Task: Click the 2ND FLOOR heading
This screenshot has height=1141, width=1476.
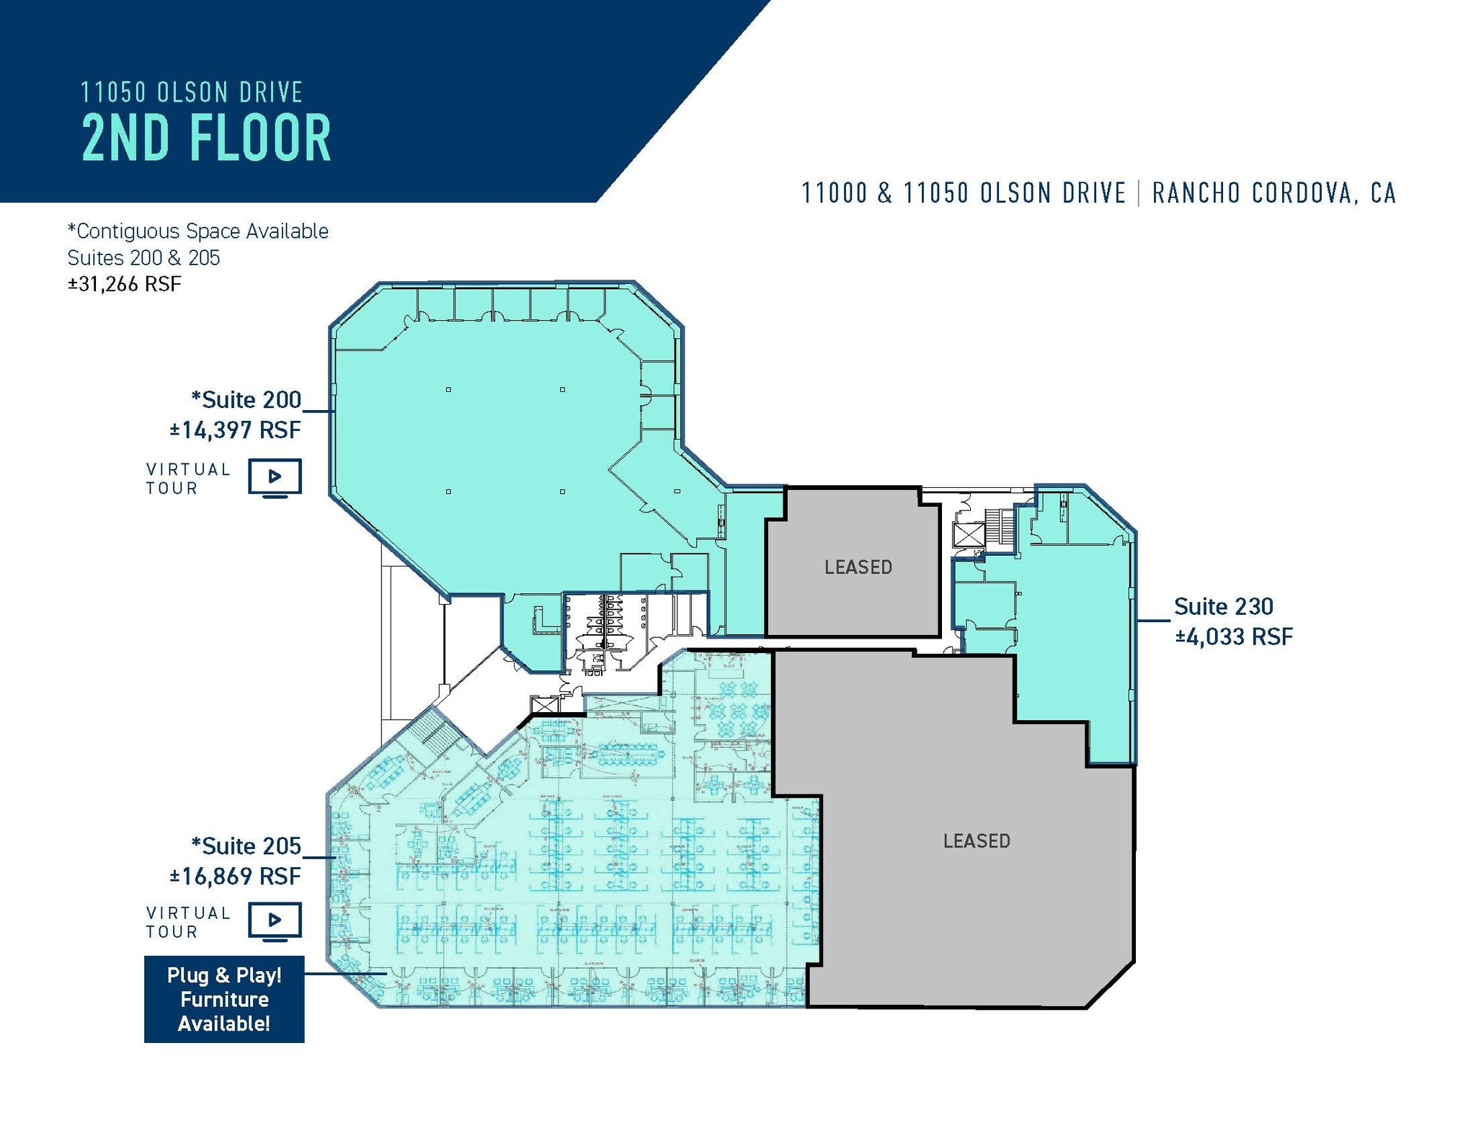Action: point(206,138)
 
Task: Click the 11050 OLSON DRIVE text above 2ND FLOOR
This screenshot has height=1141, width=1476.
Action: point(191,92)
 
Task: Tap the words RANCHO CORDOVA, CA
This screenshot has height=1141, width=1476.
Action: point(1273,193)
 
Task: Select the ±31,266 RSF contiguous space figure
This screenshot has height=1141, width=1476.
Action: point(124,284)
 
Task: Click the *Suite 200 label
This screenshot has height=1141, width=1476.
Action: point(246,399)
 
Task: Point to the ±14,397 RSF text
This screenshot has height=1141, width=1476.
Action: point(235,430)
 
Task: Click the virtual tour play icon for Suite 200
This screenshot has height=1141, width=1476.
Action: point(275,476)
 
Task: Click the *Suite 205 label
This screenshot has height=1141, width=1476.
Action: point(246,845)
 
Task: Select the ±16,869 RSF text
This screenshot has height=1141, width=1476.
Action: point(235,876)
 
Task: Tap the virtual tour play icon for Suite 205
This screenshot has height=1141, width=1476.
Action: point(275,920)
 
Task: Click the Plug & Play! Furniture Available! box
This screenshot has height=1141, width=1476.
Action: point(224,999)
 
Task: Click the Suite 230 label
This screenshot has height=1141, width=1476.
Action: point(1223,606)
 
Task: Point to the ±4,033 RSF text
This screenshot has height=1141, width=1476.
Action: point(1233,637)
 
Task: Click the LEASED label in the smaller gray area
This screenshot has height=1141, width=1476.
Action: point(858,567)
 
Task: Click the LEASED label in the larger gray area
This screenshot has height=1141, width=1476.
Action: point(976,840)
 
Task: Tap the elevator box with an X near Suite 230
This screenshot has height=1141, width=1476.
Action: point(967,536)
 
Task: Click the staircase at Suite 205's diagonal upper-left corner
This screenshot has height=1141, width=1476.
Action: point(437,728)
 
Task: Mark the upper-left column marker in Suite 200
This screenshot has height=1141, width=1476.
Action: point(448,390)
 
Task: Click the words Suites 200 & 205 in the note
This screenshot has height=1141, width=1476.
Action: point(143,258)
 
